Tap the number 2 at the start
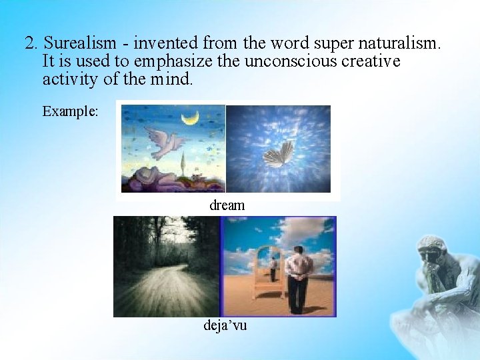[x=30, y=44]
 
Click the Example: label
[x=70, y=111]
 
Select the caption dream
[x=227, y=205]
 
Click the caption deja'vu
[x=225, y=325]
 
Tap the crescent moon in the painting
[x=191, y=118]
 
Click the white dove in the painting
[x=163, y=142]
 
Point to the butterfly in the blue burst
[x=279, y=155]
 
